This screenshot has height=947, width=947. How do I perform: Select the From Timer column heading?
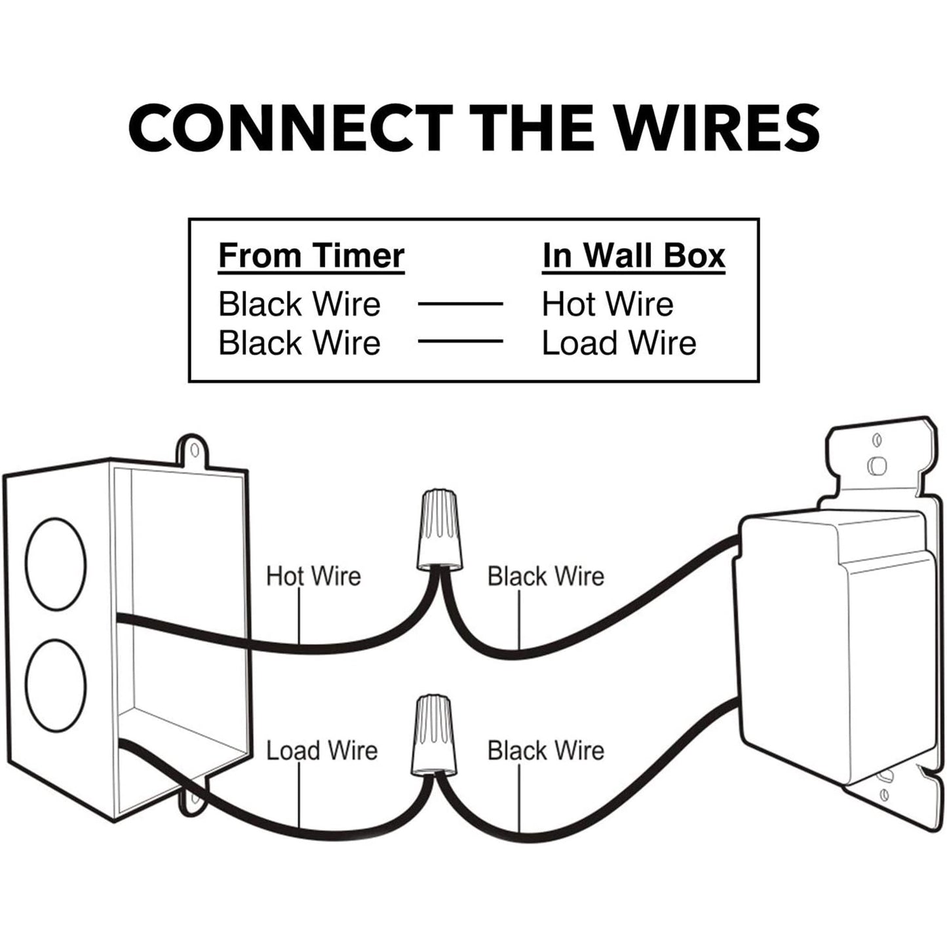(311, 256)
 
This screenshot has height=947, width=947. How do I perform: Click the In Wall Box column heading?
(634, 256)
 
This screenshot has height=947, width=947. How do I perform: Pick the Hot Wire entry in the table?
(608, 304)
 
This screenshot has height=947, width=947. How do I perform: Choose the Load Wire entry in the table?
(619, 343)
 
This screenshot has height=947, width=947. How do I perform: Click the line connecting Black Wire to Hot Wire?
(460, 304)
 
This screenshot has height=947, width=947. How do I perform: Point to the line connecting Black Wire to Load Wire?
(460, 341)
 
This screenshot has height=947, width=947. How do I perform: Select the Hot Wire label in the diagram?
(313, 577)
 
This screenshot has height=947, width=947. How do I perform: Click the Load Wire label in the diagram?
(322, 751)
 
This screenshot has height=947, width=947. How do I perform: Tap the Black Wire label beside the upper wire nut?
(545, 577)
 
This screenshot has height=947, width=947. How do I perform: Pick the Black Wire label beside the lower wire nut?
(545, 751)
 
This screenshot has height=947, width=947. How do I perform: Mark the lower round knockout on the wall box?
(56, 686)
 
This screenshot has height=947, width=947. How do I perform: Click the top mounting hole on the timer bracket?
(876, 464)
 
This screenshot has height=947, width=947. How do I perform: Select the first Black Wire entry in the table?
(300, 304)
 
